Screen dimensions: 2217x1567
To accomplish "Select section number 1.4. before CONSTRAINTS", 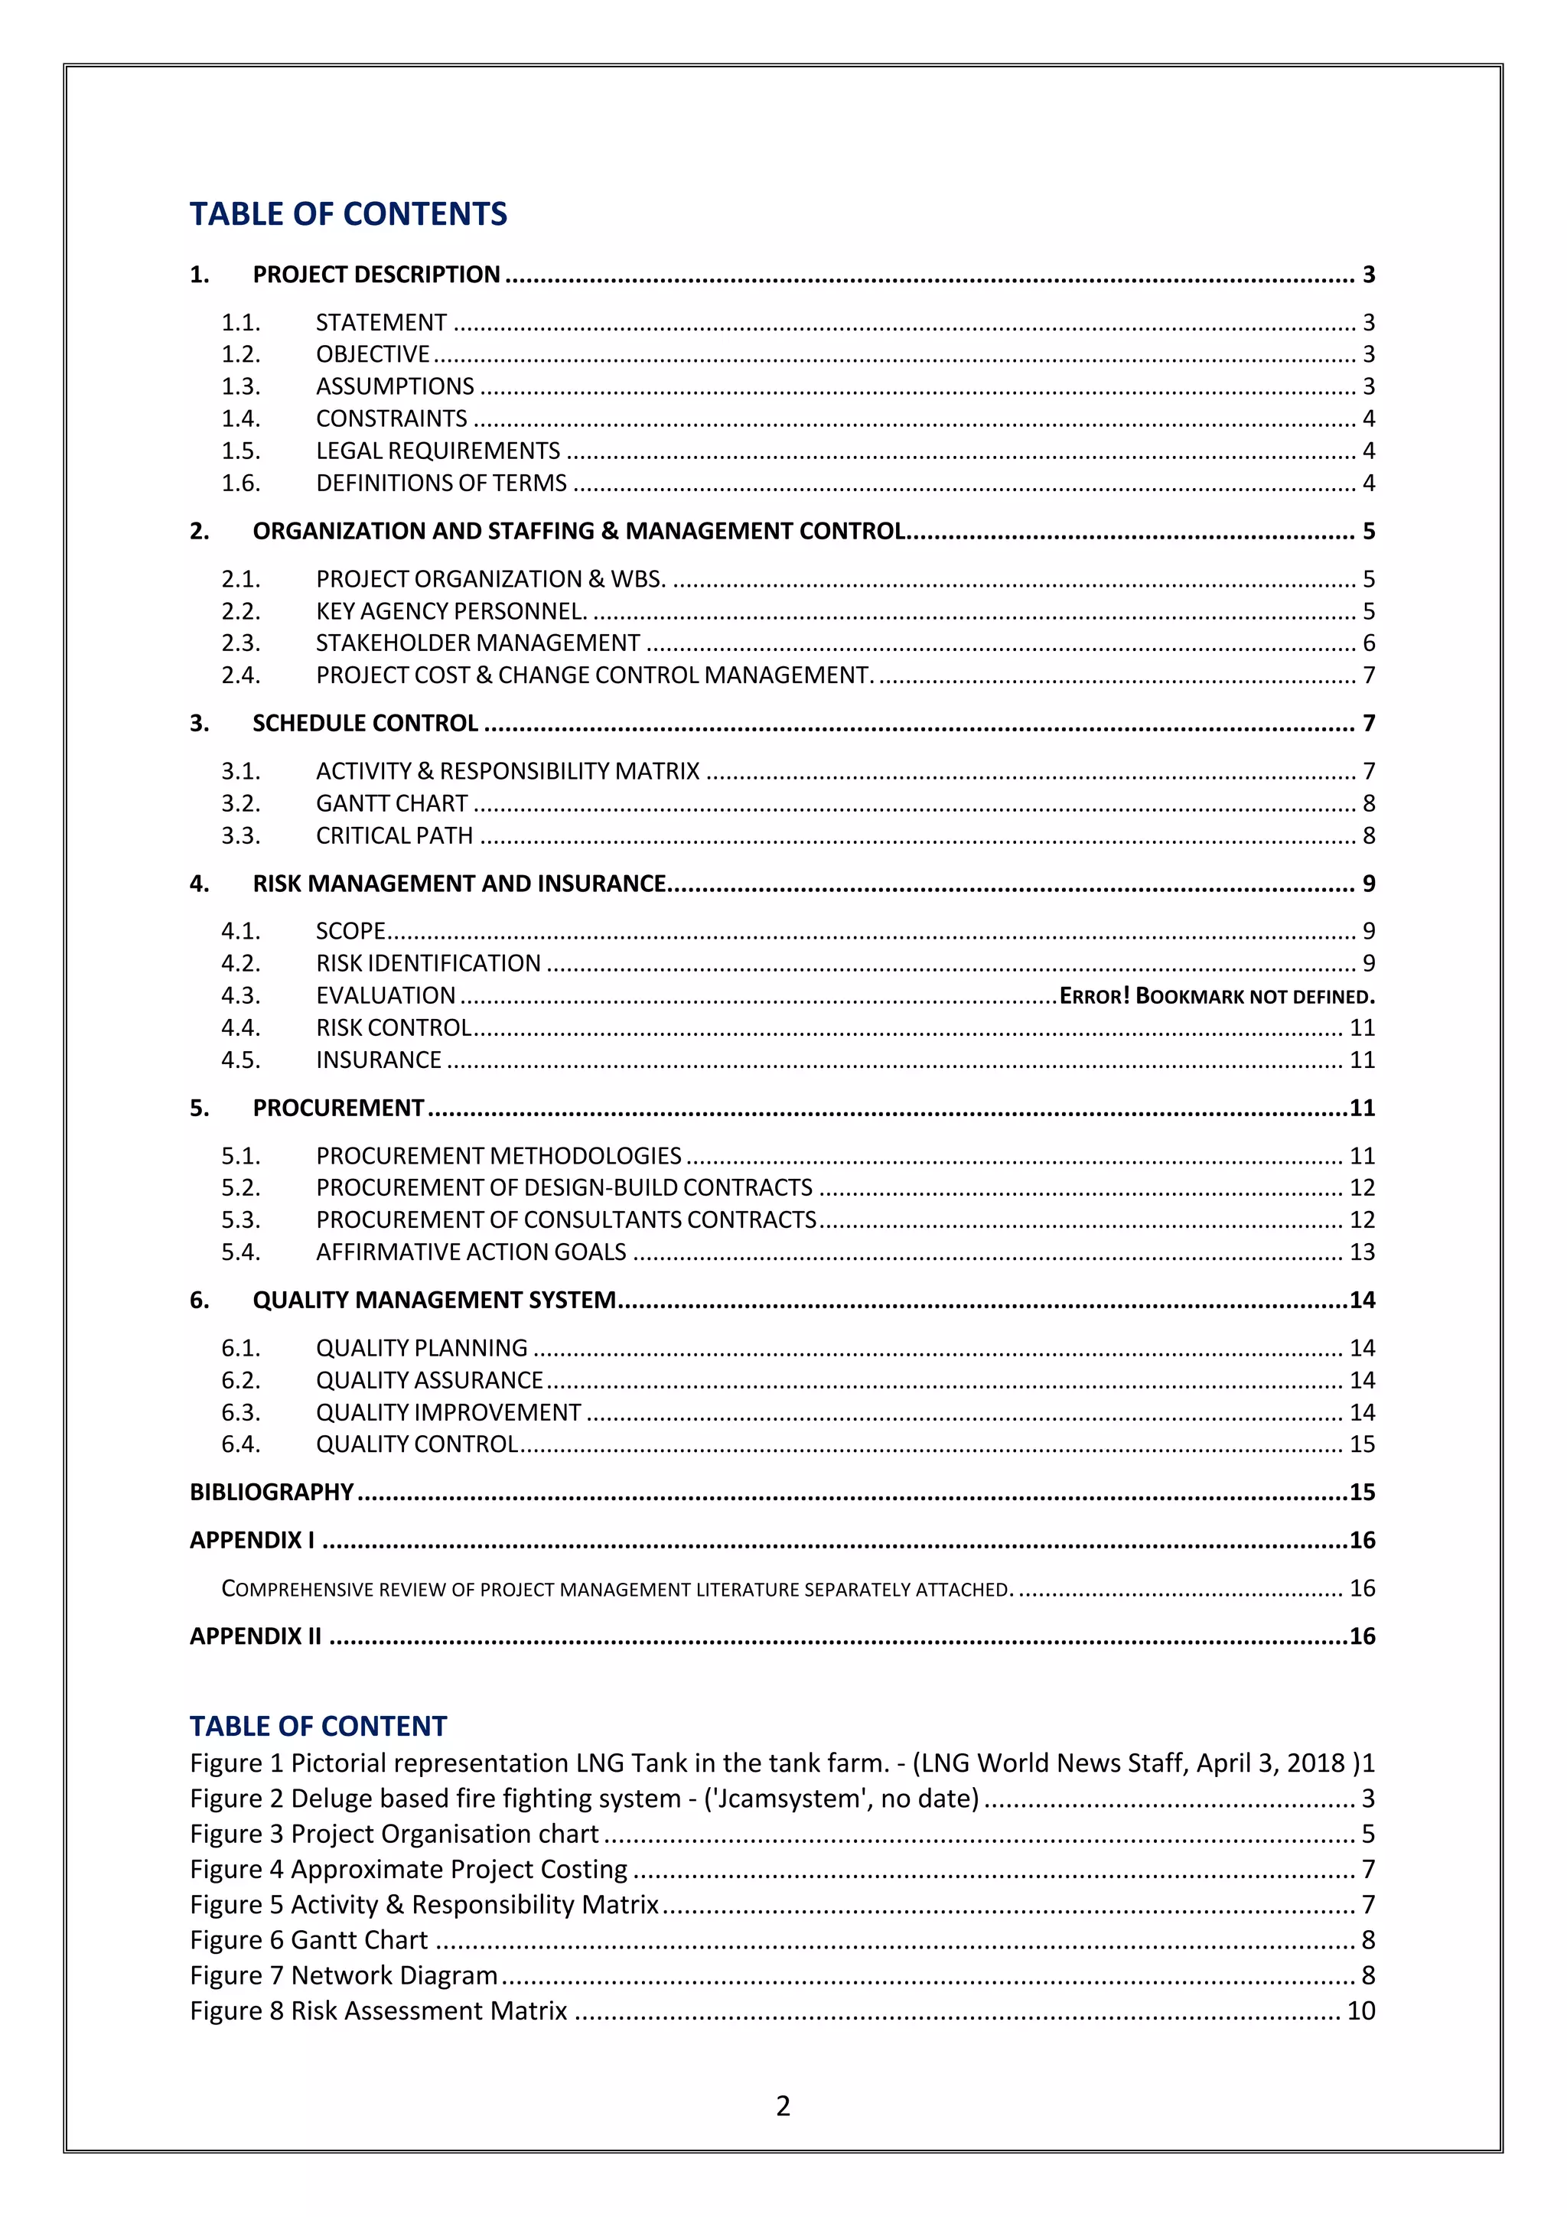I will tap(240, 418).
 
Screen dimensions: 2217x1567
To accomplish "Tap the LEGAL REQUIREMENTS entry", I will tap(438, 451).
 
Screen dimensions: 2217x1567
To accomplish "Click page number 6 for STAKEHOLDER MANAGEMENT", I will tap(1367, 643).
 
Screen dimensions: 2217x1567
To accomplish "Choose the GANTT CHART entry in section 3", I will tap(391, 803).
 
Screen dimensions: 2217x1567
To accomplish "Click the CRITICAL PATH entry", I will tap(394, 835).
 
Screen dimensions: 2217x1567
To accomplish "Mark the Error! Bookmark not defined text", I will tap(1217, 995).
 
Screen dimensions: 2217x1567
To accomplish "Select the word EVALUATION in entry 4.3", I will tap(385, 995).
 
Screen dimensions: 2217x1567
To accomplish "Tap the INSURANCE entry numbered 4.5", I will tap(379, 1060).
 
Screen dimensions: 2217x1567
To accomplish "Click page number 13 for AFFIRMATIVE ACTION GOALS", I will tap(1360, 1252).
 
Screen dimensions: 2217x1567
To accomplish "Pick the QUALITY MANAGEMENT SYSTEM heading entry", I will tap(434, 1300).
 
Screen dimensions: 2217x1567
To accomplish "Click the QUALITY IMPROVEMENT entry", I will tap(448, 1413).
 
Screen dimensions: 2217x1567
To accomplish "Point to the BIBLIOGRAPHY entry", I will tap(272, 1492).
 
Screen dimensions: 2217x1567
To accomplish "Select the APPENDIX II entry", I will tap(255, 1636).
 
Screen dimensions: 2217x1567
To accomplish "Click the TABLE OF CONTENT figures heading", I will tap(318, 1726).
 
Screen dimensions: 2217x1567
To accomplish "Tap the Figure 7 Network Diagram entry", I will tap(343, 1974).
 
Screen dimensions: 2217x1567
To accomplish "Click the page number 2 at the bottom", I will tap(783, 2106).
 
